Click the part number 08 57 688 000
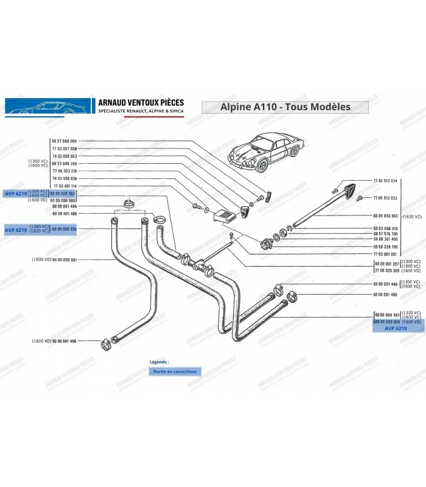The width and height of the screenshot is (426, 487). click(x=65, y=141)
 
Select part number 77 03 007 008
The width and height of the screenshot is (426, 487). click(x=65, y=149)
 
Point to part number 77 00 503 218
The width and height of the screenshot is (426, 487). click(x=65, y=171)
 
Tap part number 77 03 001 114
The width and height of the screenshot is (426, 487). click(x=65, y=186)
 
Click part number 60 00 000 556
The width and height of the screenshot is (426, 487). click(x=64, y=229)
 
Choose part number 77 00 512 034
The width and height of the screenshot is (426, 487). click(x=385, y=181)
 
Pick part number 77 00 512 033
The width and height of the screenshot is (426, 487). click(x=385, y=198)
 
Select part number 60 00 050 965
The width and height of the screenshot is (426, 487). click(x=385, y=215)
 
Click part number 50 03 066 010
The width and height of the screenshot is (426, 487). click(x=385, y=228)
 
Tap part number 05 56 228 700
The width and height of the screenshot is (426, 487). click(x=385, y=247)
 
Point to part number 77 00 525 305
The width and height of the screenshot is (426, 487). click(x=385, y=270)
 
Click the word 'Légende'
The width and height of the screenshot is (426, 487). click(x=159, y=361)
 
